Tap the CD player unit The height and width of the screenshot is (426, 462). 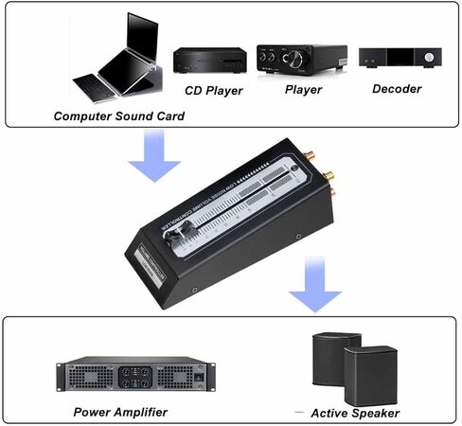click(208, 62)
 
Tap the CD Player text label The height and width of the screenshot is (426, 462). click(213, 92)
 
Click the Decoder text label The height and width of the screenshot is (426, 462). click(396, 89)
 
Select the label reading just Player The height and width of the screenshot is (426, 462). click(304, 91)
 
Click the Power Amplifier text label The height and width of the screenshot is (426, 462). click(121, 412)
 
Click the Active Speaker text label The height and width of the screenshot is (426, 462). click(356, 413)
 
